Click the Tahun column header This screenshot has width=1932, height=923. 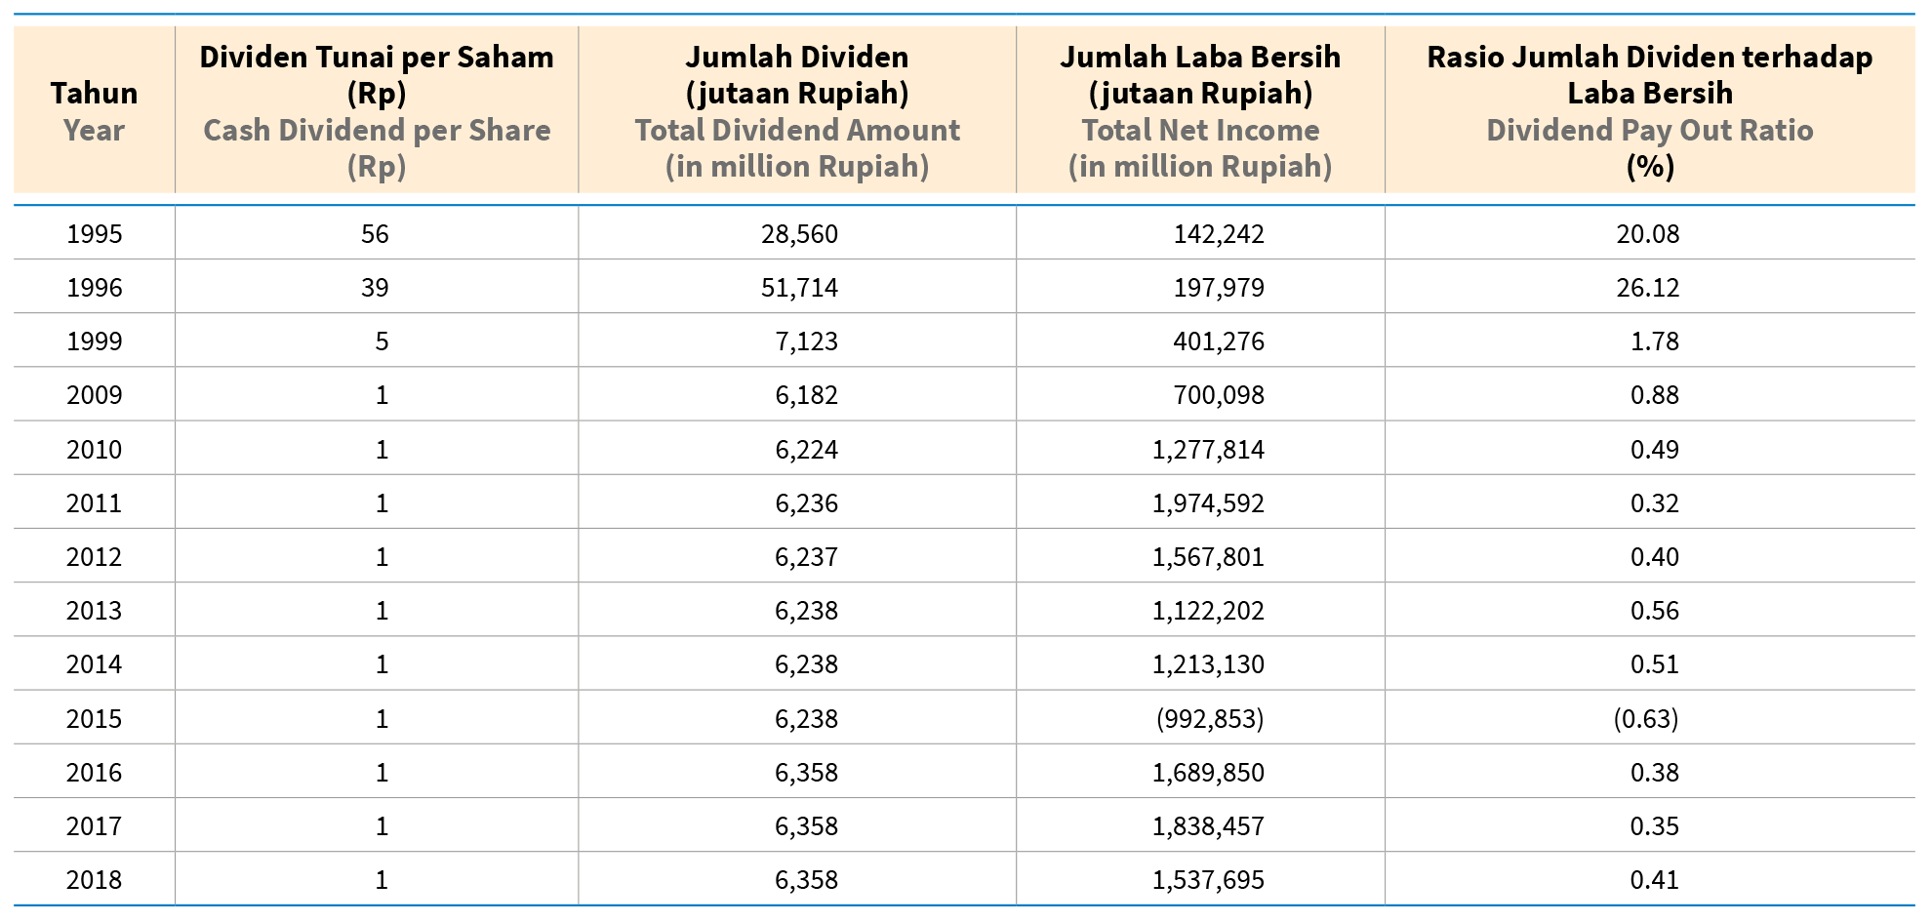tap(94, 94)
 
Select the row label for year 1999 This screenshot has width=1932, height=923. tap(94, 341)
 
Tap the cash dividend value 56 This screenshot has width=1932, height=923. tap(375, 234)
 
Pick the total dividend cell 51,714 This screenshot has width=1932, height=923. tap(799, 288)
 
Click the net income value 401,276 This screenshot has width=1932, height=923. tap(1218, 341)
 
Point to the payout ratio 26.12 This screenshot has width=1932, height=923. tap(1647, 288)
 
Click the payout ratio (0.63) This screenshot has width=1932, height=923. tap(1645, 719)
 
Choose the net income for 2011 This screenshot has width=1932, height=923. tap(1208, 503)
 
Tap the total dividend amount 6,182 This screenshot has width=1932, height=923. tap(806, 395)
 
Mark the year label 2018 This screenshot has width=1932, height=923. tap(94, 880)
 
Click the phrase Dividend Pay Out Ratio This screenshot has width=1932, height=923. tap(1649, 130)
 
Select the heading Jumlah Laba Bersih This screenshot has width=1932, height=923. tap(1200, 58)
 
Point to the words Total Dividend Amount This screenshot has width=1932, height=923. tap(797, 130)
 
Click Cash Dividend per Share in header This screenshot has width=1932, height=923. tap(377, 130)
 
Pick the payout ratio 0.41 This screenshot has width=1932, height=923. tap(1654, 880)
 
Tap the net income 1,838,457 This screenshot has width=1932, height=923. tap(1208, 826)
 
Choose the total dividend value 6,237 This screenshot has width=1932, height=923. tap(806, 557)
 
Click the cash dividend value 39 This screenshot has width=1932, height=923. tap(375, 288)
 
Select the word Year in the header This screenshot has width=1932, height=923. tap(94, 130)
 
